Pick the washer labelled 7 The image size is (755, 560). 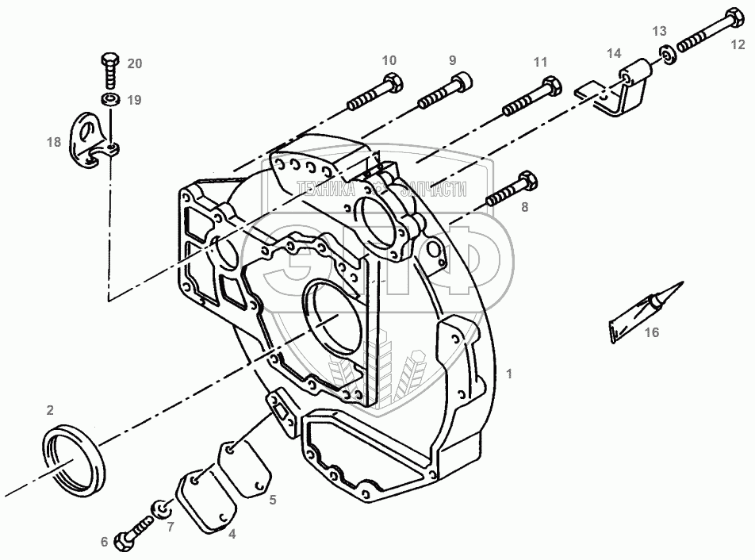(159, 508)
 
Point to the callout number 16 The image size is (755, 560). (652, 333)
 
